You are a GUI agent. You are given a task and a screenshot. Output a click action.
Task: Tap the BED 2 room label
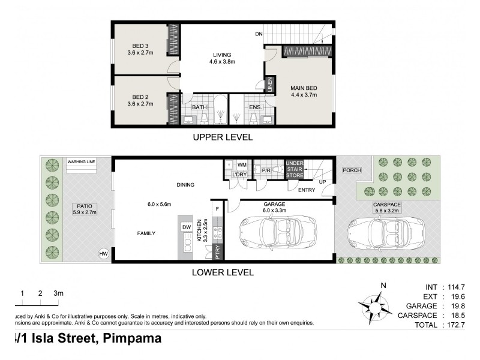141,99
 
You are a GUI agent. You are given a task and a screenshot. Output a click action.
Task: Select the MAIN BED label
304,90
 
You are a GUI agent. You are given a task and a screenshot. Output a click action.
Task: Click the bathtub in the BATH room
221,109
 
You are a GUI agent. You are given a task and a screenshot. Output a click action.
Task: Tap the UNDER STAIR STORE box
295,169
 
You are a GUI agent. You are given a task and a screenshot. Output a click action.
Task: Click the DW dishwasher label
186,227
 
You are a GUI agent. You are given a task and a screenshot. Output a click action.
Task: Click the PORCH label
351,170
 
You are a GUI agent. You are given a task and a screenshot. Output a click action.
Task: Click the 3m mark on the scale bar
58,293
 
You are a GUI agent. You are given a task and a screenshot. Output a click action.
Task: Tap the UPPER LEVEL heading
222,137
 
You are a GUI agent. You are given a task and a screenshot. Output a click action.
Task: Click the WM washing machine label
242,164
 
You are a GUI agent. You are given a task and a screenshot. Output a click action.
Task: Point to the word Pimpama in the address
132,339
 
